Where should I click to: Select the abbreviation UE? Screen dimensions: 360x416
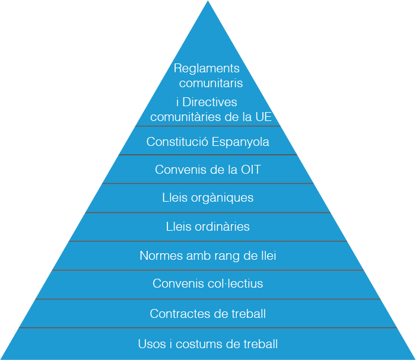point(263,117)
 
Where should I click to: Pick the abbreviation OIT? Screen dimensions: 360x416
point(250,170)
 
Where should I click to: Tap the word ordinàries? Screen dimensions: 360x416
point(221,227)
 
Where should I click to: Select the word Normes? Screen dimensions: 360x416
point(158,256)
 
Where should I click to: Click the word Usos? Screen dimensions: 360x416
point(151,344)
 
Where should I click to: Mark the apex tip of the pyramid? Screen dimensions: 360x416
point(208,2)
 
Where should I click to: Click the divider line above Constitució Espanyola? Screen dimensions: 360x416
point(208,126)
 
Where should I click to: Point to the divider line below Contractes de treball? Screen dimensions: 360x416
point(208,327)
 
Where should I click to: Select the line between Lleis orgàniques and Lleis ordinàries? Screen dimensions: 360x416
point(208,212)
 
